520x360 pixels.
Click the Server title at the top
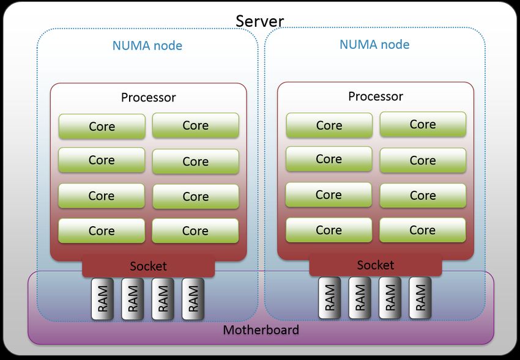coord(259,21)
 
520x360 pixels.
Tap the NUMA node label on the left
coord(147,46)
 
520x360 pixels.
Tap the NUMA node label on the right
coord(374,45)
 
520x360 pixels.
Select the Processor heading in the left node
coord(148,97)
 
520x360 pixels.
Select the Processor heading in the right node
coord(376,97)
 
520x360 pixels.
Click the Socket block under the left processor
coord(148,266)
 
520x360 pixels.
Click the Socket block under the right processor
coord(376,265)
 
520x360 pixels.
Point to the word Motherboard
coord(261,330)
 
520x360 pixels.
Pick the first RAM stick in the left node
coord(103,299)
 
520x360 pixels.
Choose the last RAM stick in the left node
coord(193,299)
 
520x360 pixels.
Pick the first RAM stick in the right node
coord(330,298)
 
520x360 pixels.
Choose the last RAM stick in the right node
coord(420,298)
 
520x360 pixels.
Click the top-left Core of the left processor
coord(102,127)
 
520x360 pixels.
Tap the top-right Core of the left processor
coord(196,125)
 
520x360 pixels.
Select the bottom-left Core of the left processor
coord(102,231)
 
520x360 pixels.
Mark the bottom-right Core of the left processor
coord(195,231)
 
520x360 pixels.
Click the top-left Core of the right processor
coord(329,125)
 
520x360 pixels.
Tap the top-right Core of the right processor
coord(423,125)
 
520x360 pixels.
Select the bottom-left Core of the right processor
coord(329,230)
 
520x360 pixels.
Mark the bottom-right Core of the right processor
coord(423,230)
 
